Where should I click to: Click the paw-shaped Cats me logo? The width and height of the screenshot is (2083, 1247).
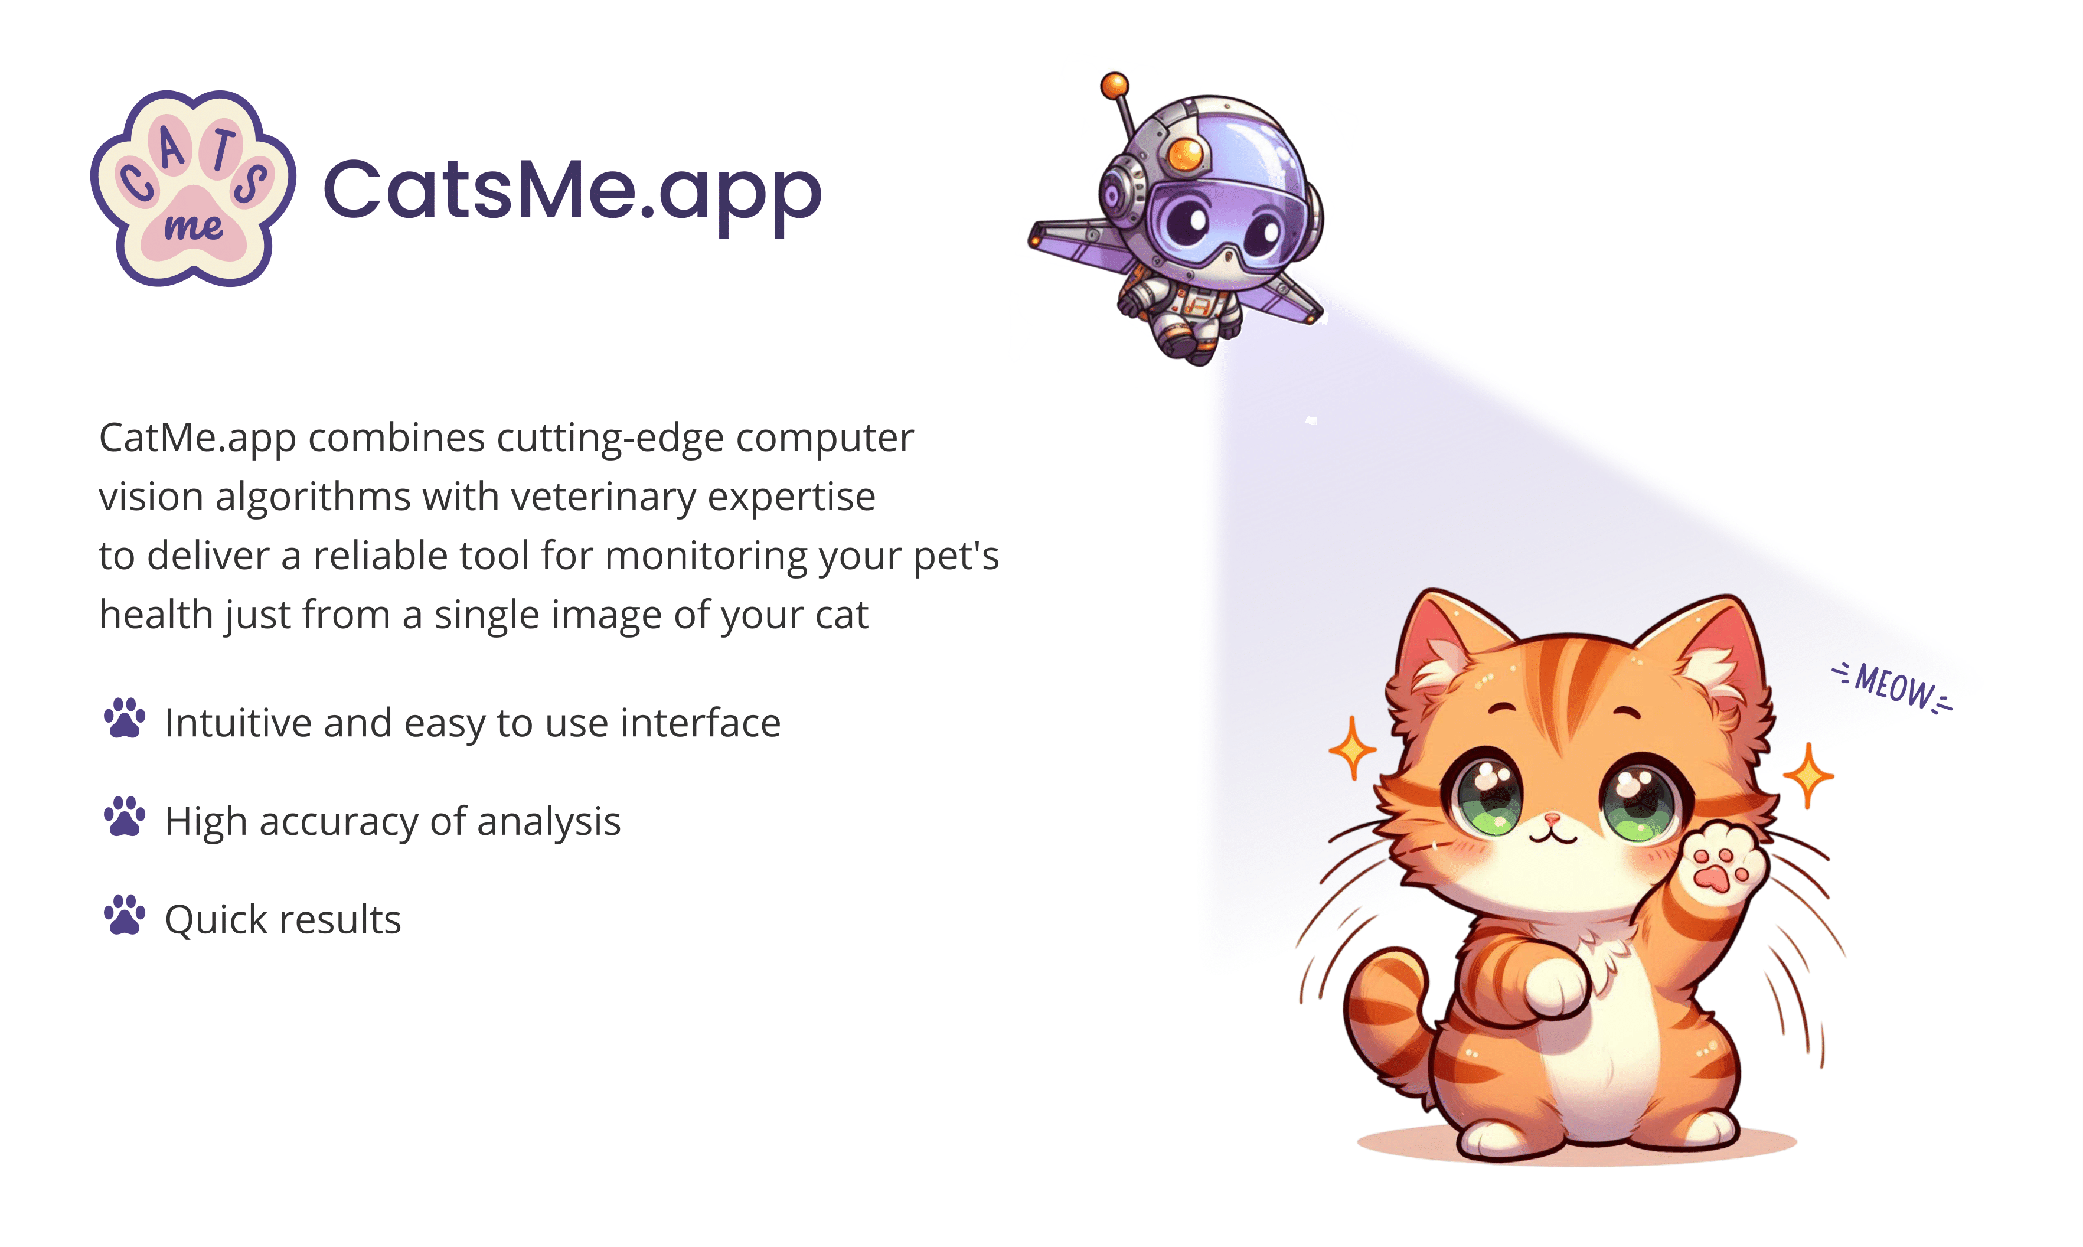click(192, 188)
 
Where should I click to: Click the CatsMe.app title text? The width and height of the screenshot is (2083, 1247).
click(572, 191)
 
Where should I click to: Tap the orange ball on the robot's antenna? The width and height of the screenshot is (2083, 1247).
click(1115, 85)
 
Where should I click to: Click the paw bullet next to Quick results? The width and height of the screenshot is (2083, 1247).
click(125, 915)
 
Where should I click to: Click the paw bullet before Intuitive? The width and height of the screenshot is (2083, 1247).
click(125, 719)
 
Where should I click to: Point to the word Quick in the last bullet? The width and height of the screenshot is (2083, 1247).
click(215, 919)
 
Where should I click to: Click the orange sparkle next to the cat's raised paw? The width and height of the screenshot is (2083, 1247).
click(1808, 775)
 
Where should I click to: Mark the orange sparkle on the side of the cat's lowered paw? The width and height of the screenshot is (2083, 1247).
click(1352, 748)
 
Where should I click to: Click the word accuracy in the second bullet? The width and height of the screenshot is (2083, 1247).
click(339, 822)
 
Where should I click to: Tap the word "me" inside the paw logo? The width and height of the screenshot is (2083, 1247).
click(193, 227)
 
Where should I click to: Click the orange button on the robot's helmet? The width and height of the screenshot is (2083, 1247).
click(1186, 154)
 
